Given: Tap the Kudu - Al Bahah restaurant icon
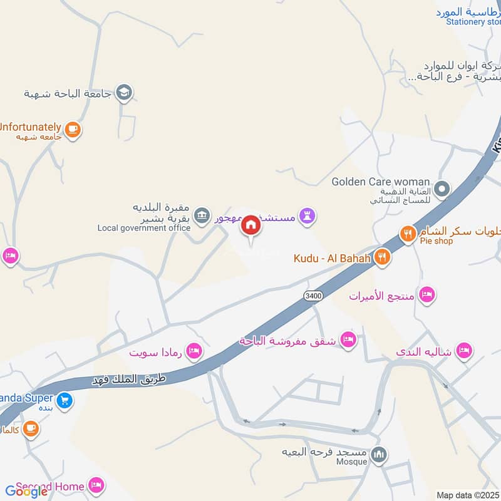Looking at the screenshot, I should pyautogui.click(x=382, y=257).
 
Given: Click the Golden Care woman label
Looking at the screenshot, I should pyautogui.click(x=381, y=182).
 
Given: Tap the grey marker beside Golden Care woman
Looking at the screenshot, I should pyautogui.click(x=442, y=188).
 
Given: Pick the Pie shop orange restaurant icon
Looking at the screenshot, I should pyautogui.click(x=408, y=234).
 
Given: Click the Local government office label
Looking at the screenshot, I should pyautogui.click(x=143, y=228).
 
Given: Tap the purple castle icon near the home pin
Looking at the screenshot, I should pyautogui.click(x=307, y=217).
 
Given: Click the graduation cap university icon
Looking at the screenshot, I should pyautogui.click(x=124, y=93).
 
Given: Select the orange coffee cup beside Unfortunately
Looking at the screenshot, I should pyautogui.click(x=73, y=130).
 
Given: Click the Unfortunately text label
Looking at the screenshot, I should pyautogui.click(x=30, y=126).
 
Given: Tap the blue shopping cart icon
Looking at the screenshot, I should pyautogui.click(x=64, y=400).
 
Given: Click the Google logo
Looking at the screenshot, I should pyautogui.click(x=26, y=492).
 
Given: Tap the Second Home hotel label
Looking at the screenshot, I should pyautogui.click(x=50, y=486).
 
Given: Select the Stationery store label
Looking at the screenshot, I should pyautogui.click(x=474, y=22).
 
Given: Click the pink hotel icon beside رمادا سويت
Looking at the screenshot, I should pyautogui.click(x=194, y=352).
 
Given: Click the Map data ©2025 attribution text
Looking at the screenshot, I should pyautogui.click(x=467, y=495).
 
